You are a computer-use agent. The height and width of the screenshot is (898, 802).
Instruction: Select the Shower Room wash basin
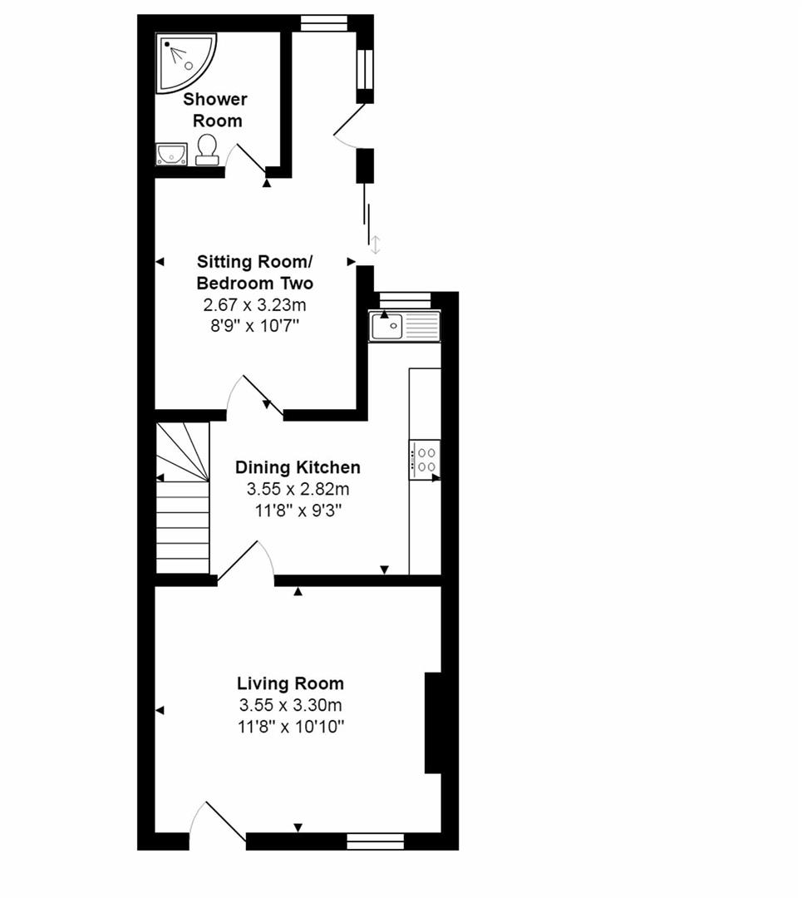point(171,154)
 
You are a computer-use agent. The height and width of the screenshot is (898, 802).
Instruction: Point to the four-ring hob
point(425,460)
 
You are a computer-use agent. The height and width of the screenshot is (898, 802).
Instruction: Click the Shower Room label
point(215,110)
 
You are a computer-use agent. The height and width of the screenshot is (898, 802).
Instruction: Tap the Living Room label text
point(290,684)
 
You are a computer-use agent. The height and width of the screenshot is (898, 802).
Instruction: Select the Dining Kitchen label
point(298,467)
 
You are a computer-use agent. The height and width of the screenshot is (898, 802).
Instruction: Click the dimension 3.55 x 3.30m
point(290,706)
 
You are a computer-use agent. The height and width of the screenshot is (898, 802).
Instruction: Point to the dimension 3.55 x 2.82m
point(298,489)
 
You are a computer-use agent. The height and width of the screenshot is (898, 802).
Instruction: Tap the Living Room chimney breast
point(433,723)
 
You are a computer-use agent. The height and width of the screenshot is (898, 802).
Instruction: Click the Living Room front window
point(375,841)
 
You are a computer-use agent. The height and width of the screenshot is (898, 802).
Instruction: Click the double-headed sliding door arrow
point(375,244)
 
